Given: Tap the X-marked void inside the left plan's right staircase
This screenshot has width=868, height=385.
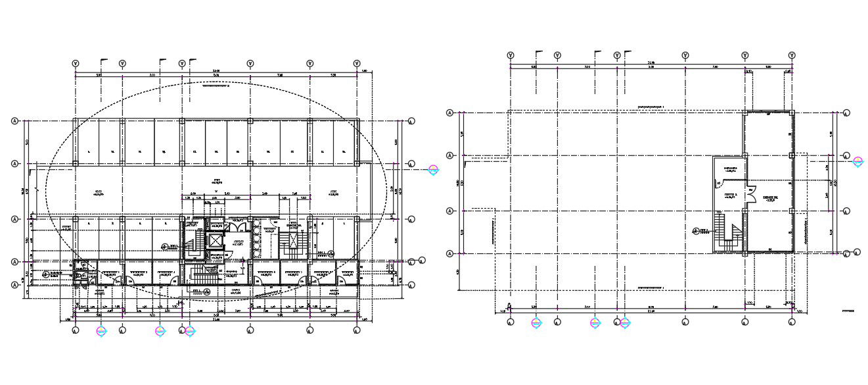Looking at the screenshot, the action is click(292, 241).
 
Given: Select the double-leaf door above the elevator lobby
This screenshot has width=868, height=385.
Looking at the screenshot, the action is click(234, 226).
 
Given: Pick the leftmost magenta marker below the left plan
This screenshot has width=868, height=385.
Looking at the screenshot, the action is click(101, 331).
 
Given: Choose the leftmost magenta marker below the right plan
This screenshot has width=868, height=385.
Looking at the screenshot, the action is click(536, 323).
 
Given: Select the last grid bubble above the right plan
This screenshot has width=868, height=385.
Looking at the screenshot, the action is click(793, 56).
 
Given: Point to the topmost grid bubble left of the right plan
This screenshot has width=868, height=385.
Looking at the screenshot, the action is click(449, 113).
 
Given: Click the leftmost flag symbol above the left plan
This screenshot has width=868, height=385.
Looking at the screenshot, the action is click(103, 61).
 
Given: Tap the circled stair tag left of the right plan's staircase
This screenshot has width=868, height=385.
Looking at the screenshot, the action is click(698, 230).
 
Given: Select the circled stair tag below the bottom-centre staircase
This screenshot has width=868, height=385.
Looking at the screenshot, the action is click(206, 291).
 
